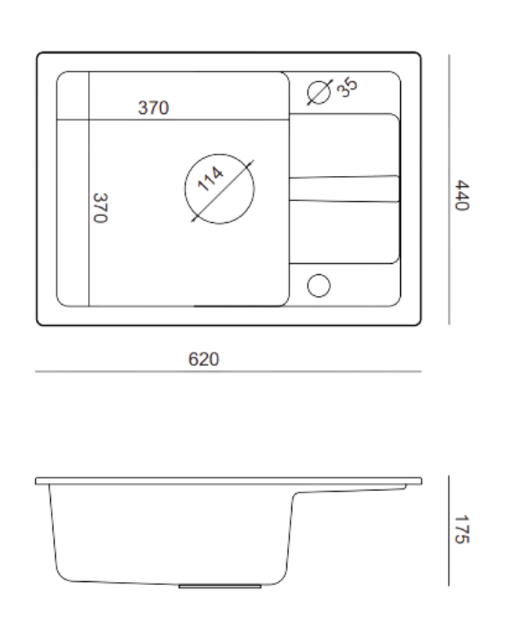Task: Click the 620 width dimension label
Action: coord(203,360)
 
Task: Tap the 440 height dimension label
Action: coord(462,195)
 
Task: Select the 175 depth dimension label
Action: coord(462,529)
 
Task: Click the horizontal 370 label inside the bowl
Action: coord(154,108)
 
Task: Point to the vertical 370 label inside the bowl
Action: coord(100,208)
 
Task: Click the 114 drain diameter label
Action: coord(210,179)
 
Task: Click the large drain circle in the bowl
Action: coord(220,154)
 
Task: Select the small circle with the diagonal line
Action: coord(319,81)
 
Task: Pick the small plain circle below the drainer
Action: coord(319,274)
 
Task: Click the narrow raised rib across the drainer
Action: coord(344,189)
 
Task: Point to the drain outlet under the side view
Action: coord(220,586)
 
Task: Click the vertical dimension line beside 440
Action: coord(449,190)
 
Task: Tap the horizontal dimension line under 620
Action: coord(228,371)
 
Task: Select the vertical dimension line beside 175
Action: coord(449,531)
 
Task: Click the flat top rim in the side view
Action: coord(228,481)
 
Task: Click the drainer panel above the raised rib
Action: coord(344,145)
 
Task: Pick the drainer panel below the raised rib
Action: coord(344,232)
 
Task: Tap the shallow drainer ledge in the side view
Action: coord(351,488)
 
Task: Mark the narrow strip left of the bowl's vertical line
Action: coord(73,189)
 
